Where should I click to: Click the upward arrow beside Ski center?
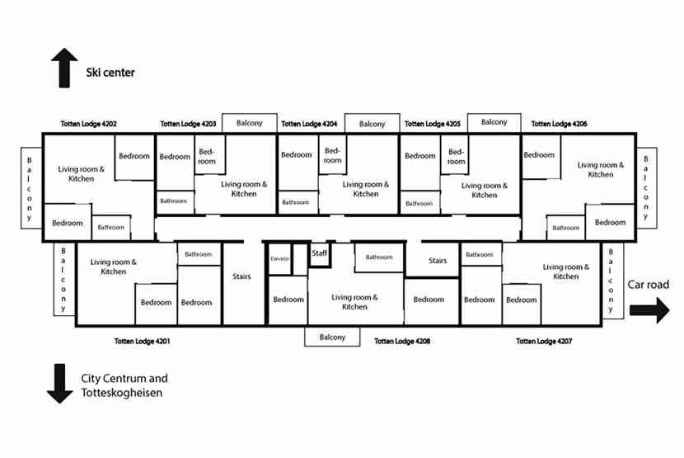63,68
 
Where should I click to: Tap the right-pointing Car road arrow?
650,311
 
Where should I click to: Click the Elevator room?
280,259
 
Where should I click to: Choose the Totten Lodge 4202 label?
88,124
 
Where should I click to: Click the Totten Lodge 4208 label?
402,340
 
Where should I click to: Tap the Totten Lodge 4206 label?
559,124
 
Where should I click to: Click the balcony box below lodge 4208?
332,337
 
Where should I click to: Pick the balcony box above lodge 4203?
249,123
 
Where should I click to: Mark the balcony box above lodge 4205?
494,122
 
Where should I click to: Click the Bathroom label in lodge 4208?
379,257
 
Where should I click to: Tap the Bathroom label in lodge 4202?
111,227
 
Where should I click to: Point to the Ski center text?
110,73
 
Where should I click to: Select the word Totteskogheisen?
121,394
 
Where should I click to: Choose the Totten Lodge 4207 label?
545,340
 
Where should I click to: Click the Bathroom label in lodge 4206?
565,228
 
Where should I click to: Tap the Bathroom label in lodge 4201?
199,254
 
